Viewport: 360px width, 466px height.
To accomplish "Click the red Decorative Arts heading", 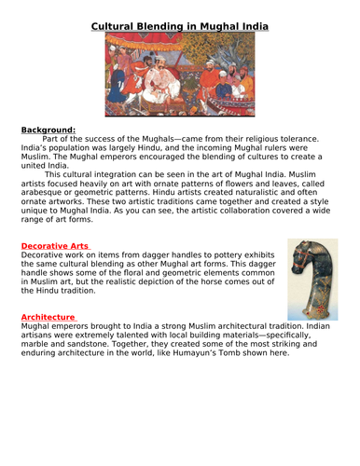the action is (x=55, y=245).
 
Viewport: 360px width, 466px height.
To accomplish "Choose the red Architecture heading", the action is (x=48, y=317).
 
